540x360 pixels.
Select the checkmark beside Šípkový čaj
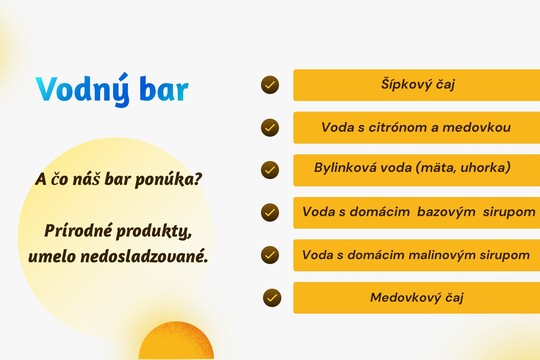pos(270,84)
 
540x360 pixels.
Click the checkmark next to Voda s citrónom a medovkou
pos(270,127)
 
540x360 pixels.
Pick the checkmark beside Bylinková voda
pos(270,170)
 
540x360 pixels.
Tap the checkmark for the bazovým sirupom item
pos(270,212)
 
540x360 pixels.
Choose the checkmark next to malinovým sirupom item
pos(270,255)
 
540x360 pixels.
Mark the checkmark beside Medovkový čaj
pos(272,297)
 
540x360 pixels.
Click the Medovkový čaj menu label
pos(416,297)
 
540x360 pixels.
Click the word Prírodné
pos(79,232)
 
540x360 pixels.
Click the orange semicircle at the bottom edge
pos(176,345)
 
